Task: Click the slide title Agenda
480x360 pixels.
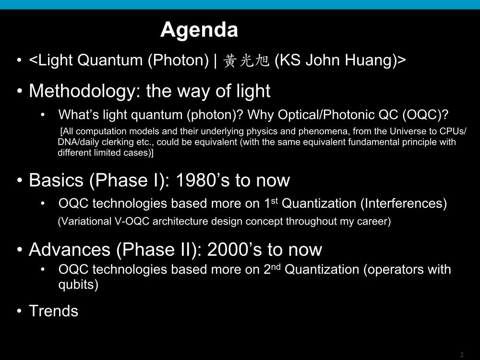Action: (x=199, y=30)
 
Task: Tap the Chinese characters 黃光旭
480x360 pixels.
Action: (x=246, y=60)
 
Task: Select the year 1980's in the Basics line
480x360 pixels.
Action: (x=203, y=180)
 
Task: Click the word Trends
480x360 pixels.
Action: (x=54, y=311)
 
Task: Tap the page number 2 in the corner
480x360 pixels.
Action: (x=462, y=355)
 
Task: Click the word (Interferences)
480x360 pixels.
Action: (x=404, y=204)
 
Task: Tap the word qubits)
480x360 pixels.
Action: (x=78, y=285)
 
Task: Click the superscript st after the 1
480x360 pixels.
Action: (x=275, y=201)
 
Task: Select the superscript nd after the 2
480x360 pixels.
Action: (x=276, y=266)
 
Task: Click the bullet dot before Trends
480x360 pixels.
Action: (x=20, y=312)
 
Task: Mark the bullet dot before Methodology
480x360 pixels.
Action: (x=20, y=91)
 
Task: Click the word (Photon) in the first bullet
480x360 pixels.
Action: (x=179, y=60)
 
